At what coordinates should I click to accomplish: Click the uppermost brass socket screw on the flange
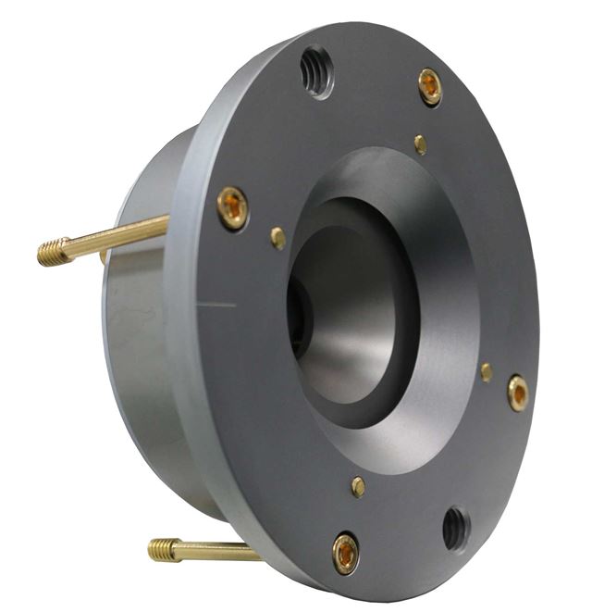[429, 87]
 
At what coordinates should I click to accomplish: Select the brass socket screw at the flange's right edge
[518, 393]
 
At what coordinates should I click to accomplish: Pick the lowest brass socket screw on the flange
[346, 553]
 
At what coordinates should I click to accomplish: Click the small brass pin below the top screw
[421, 144]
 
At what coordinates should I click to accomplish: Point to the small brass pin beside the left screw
[277, 238]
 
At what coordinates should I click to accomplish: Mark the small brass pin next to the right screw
[486, 372]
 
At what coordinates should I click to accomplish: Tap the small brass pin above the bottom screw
[358, 486]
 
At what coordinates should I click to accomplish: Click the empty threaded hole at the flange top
[316, 72]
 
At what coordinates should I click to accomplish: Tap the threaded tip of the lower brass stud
[164, 549]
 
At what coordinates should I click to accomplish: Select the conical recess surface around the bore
[435, 278]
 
